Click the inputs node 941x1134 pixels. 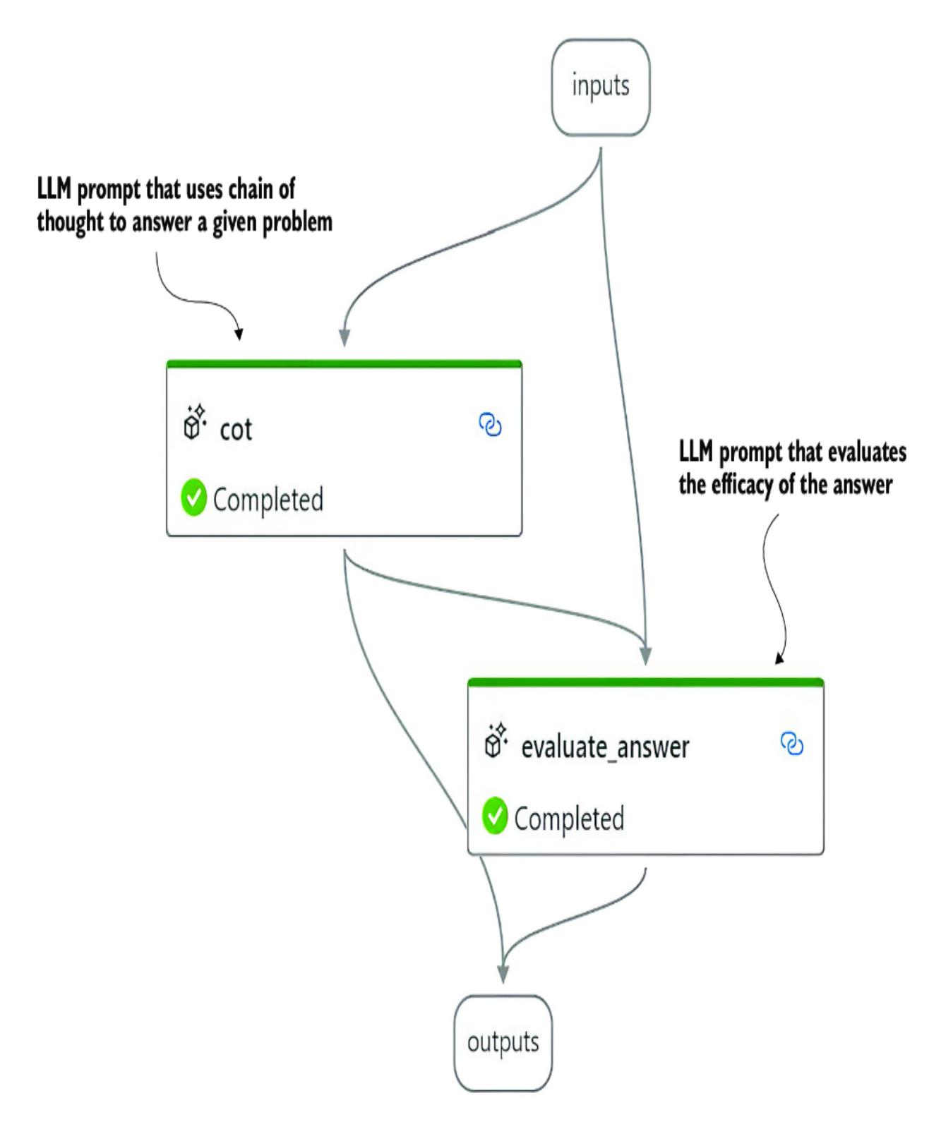600,88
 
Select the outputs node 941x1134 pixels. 503,1043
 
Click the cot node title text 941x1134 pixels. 236,429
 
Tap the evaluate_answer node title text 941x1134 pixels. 605,747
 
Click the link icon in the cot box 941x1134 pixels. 491,425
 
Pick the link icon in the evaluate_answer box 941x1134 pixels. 792,744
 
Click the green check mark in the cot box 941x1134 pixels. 193,498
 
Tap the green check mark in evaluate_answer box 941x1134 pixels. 495,816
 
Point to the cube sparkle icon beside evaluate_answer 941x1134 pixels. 496,740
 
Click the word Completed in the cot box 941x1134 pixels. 268,500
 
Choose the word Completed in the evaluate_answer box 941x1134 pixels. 569,819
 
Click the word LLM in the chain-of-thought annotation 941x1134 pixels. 54,190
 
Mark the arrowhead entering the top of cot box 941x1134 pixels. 344,338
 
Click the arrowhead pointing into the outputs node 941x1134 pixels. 503,974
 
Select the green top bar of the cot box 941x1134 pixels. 344,364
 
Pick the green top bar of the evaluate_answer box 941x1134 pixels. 645,682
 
